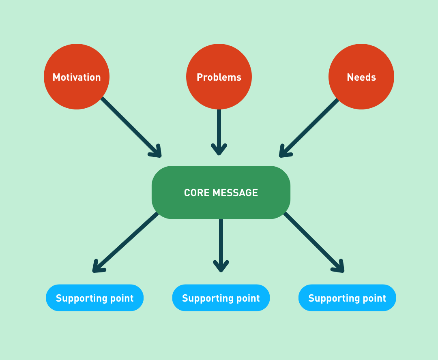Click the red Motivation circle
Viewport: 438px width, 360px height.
(x=77, y=77)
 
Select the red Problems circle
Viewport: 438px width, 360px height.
(x=219, y=77)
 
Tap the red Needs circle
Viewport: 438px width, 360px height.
(x=361, y=77)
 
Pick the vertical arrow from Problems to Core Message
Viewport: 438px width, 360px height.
(x=219, y=130)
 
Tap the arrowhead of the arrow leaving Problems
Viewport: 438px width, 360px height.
(x=219, y=150)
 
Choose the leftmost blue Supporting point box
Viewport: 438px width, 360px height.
(x=94, y=298)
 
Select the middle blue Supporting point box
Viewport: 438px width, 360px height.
(x=221, y=298)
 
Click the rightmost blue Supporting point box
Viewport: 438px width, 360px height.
(x=347, y=298)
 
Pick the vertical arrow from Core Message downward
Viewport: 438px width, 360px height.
(x=221, y=243)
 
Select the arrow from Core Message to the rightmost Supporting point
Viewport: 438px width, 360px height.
(x=313, y=242)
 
